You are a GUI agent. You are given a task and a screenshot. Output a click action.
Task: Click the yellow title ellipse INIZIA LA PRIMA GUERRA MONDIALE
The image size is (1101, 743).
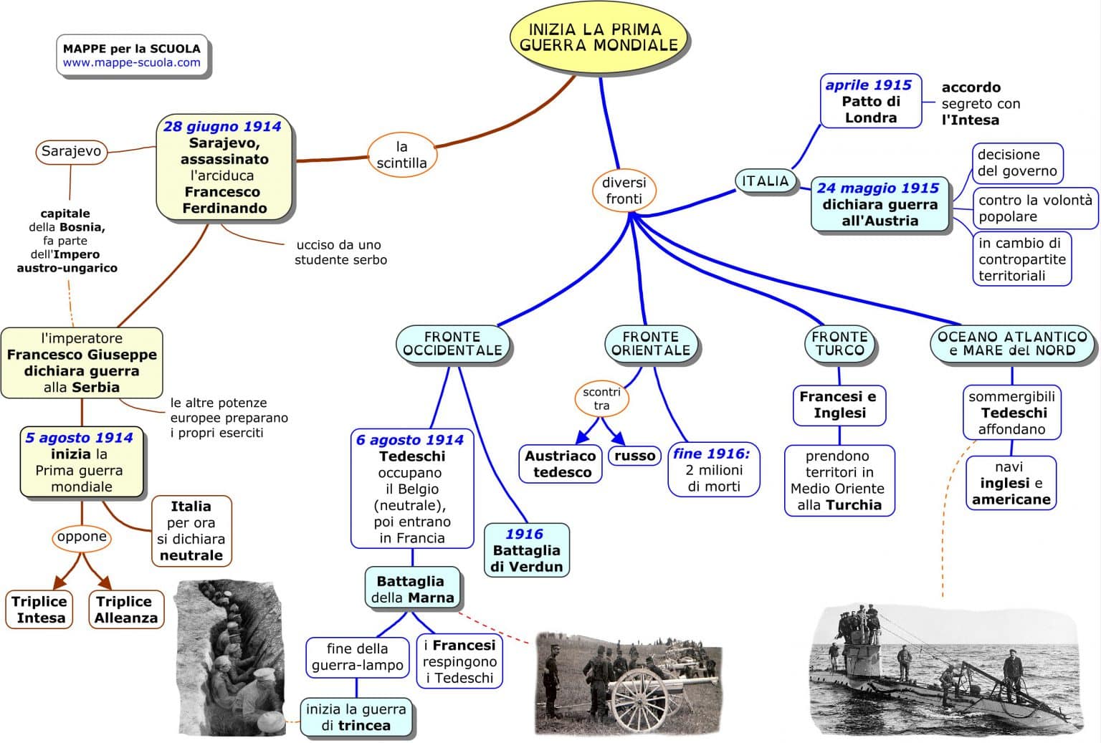point(599,38)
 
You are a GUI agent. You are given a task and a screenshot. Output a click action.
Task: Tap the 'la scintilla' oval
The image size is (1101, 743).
point(401,155)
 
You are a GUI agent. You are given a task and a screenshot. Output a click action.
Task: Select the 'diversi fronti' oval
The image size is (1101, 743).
point(624,191)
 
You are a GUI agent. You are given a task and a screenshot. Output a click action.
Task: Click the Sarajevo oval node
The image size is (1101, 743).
point(71,151)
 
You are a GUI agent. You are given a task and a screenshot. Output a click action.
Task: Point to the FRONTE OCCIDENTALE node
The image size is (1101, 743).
point(452,344)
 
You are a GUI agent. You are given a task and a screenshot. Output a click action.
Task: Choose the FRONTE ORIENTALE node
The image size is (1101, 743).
point(651,344)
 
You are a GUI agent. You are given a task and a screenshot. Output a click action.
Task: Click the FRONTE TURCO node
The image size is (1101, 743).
point(839,344)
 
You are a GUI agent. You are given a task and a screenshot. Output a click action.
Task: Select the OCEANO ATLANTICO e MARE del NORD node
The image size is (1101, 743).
point(1012,344)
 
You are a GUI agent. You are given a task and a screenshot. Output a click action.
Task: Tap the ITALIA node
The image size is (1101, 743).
point(765,181)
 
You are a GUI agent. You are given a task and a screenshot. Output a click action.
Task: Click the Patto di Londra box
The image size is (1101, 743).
point(870,102)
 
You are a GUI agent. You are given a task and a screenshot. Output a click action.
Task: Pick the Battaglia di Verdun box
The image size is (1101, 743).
point(526,550)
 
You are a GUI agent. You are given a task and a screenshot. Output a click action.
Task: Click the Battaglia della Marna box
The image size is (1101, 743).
point(412,589)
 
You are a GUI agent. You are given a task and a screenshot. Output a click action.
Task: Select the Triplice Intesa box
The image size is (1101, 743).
point(39,610)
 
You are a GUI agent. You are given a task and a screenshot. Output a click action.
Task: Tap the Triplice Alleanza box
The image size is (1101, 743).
point(125,610)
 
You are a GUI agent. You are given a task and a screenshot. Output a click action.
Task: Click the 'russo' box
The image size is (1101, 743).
point(634,456)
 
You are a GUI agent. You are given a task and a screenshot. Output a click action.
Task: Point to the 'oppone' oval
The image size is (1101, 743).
point(82,537)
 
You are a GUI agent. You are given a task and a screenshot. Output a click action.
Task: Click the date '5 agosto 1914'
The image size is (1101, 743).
point(79,438)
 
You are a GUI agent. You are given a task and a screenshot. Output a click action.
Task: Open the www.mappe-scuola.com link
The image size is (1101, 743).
point(131,62)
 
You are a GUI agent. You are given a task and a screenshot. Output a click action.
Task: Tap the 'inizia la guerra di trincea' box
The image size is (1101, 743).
point(356,717)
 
